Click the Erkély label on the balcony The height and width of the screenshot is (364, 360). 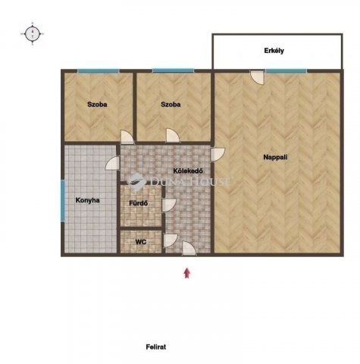(x=274, y=51)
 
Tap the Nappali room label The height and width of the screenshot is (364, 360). (x=275, y=157)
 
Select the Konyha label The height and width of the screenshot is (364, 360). (x=88, y=200)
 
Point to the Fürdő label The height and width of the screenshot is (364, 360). (x=139, y=203)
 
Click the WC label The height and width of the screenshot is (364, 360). (x=141, y=242)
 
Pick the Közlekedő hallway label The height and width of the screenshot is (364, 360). (x=188, y=171)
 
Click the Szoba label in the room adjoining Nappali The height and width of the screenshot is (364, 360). (x=171, y=105)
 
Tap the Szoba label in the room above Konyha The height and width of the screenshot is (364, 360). (x=97, y=105)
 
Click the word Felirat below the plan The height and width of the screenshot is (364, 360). (x=156, y=347)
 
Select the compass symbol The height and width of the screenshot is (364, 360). (x=33, y=33)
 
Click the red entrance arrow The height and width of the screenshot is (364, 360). (x=186, y=273)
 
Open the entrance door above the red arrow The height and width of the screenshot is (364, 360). (x=189, y=249)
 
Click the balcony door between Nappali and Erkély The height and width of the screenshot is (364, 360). (x=257, y=77)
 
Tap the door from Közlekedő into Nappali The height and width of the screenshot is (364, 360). (x=218, y=155)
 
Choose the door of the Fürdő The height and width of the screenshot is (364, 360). (x=169, y=205)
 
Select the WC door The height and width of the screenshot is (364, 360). (x=171, y=240)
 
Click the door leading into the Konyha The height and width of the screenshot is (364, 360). (x=113, y=163)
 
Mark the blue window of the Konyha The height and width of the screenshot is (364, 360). (x=63, y=200)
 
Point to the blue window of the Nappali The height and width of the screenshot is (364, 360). (x=286, y=71)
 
